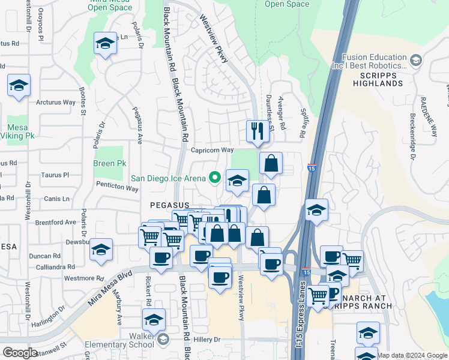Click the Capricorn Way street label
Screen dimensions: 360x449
[x=212, y=150]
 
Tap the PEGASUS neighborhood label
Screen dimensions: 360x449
[x=170, y=205]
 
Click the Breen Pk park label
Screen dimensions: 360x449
[x=109, y=163]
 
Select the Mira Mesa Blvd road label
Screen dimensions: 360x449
[x=110, y=289]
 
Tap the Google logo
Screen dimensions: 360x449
[x=20, y=353]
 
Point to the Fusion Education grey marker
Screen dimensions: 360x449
[x=415, y=60]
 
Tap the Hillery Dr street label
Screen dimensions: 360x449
[x=208, y=340]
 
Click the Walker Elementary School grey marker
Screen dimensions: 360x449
[x=162, y=340]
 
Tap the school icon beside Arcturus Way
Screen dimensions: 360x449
[x=19, y=86]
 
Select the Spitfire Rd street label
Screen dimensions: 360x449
[x=304, y=121]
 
